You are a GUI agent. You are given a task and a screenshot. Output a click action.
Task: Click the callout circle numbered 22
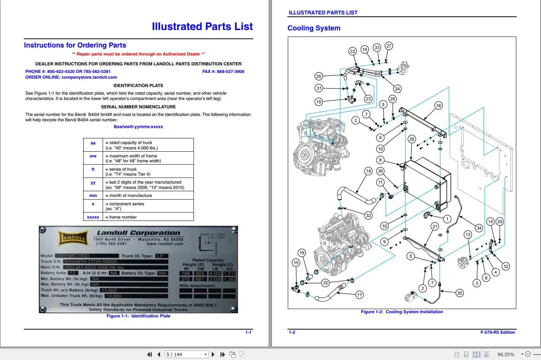tap(352, 51)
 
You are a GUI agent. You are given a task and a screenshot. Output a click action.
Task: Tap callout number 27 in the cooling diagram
tap(389, 46)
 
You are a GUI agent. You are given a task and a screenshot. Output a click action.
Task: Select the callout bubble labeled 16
tap(438, 106)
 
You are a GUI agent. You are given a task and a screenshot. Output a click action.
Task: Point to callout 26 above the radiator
tap(412, 139)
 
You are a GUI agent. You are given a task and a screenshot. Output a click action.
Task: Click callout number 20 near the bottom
tap(460, 293)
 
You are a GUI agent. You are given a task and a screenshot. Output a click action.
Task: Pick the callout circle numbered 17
tap(360, 295)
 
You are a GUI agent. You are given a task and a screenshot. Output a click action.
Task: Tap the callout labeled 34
tap(479, 228)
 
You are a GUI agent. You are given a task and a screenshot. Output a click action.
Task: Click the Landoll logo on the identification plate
tap(73, 238)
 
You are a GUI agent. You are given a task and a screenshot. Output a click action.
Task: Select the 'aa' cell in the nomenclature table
tap(93, 143)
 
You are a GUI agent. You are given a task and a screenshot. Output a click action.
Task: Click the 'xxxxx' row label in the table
tap(93, 217)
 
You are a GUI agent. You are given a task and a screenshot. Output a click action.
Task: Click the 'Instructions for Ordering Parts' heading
tap(75, 45)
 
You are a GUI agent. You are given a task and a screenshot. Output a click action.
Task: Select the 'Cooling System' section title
tap(314, 28)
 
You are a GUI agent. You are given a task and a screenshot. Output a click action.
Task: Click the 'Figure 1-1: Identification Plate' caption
tap(138, 316)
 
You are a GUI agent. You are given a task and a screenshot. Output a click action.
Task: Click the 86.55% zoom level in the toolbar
tap(506, 354)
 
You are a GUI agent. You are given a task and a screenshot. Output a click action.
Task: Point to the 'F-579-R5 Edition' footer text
tap(497, 332)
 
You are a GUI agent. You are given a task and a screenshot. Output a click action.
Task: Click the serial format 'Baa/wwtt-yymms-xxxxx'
tap(138, 127)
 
